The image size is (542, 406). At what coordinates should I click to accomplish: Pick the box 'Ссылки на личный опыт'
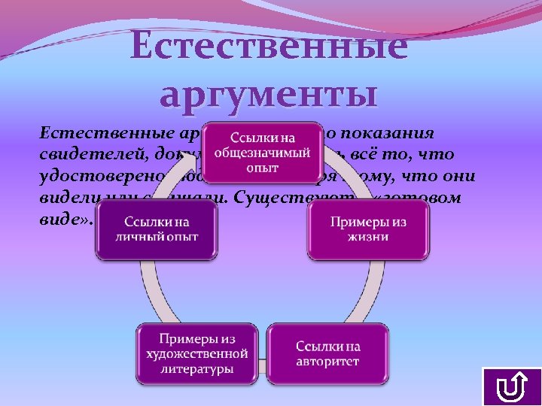(x=156, y=230)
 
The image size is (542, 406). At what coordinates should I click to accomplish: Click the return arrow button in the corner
(x=511, y=387)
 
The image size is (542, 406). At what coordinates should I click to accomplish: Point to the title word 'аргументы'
(x=269, y=95)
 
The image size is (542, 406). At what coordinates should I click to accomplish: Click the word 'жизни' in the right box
(x=369, y=238)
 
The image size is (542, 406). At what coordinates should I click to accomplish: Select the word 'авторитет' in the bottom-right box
(x=327, y=362)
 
